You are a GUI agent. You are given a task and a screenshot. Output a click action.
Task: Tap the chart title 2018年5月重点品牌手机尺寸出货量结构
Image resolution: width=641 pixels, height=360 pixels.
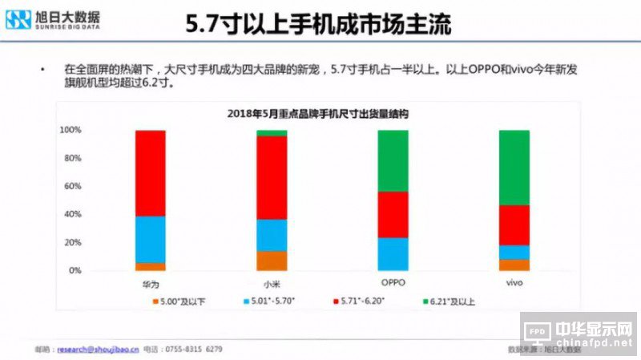click(x=318, y=115)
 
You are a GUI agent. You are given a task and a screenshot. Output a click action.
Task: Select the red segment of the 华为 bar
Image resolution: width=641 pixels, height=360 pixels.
click(x=150, y=173)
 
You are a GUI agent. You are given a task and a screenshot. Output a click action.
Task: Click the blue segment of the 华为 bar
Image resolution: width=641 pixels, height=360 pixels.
click(x=150, y=240)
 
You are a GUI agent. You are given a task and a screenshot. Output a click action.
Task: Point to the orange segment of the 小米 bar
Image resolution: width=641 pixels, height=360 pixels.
click(x=272, y=261)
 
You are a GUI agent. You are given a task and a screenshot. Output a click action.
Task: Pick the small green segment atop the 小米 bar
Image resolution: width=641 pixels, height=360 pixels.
click(x=272, y=133)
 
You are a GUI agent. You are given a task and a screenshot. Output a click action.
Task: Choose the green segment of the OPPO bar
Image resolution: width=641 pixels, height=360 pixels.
click(x=393, y=160)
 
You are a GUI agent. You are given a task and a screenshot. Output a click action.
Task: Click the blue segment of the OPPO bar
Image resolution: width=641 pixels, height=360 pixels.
click(x=393, y=254)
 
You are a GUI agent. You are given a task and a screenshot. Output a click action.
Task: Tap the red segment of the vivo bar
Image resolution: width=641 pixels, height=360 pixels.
click(x=514, y=225)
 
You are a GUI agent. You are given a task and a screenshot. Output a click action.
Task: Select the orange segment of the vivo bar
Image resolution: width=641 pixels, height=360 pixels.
click(x=514, y=265)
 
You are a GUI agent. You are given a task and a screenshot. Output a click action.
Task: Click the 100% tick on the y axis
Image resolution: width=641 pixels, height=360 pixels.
click(x=71, y=130)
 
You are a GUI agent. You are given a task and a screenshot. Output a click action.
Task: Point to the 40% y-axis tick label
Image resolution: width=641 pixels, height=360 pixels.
click(x=72, y=215)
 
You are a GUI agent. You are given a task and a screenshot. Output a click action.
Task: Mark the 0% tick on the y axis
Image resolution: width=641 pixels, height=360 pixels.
click(x=75, y=271)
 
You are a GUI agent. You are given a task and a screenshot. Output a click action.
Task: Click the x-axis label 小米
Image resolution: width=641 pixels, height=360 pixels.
click(x=272, y=284)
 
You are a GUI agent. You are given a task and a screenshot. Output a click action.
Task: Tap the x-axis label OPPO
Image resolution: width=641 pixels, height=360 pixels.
click(x=393, y=284)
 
